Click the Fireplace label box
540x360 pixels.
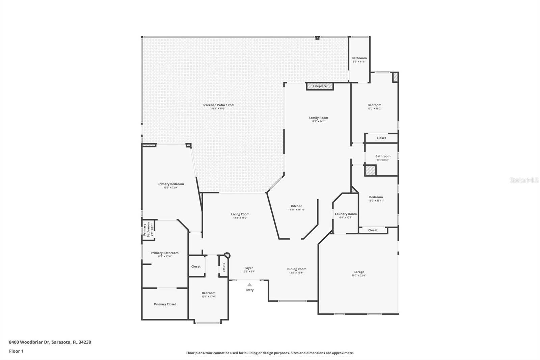[320, 86]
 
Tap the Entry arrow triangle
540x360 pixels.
[249, 285]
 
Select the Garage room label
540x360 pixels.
[359, 272]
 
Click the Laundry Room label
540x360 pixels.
[346, 214]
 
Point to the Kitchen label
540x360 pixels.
[296, 206]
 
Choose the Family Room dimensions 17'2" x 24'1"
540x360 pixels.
[318, 121]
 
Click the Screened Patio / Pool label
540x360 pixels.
[218, 105]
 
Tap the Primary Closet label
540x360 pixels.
[165, 304]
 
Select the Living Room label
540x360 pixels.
[240, 214]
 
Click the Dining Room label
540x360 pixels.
[297, 269]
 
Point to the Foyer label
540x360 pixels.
[248, 268]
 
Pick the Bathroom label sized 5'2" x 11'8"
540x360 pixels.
[359, 58]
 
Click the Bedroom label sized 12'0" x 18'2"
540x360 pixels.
[374, 105]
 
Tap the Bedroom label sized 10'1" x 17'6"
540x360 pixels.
[209, 293]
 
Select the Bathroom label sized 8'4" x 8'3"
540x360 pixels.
[383, 156]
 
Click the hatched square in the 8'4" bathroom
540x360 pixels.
[370, 170]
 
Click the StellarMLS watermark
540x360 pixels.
[524, 180]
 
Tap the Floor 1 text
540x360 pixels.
[16, 351]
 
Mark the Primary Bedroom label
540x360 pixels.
[170, 184]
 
